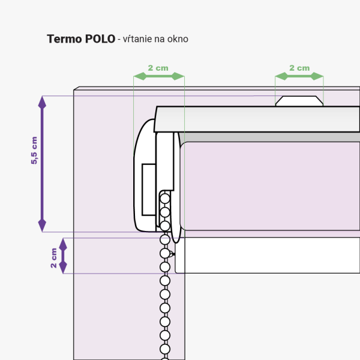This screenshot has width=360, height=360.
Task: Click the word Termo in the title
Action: (64, 39)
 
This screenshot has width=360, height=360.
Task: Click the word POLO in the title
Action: (100, 39)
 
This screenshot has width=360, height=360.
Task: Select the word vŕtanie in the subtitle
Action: (137, 39)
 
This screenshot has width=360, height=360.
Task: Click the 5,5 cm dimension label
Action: (34, 151)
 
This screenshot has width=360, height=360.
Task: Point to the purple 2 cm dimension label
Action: (53, 258)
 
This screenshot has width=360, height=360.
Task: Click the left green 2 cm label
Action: (158, 68)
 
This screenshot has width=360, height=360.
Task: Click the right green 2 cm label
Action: (299, 68)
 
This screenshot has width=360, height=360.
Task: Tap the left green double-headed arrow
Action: (159, 76)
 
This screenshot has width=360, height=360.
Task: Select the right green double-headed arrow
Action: (299, 76)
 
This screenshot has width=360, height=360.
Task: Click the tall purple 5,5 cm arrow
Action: (42, 164)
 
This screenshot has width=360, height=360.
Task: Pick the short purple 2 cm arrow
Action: (63, 256)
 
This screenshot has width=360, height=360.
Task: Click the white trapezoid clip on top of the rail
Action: (299, 101)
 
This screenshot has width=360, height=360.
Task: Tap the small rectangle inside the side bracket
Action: (149, 190)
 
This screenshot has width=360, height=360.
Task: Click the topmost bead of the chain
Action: (165, 199)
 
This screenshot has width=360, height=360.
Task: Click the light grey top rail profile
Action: (257, 119)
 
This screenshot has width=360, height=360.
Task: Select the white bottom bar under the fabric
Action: (268, 256)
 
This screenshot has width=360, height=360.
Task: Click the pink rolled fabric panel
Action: (270, 186)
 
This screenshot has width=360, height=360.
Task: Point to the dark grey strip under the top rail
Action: (270, 137)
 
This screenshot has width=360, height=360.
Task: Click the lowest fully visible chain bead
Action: (165, 349)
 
